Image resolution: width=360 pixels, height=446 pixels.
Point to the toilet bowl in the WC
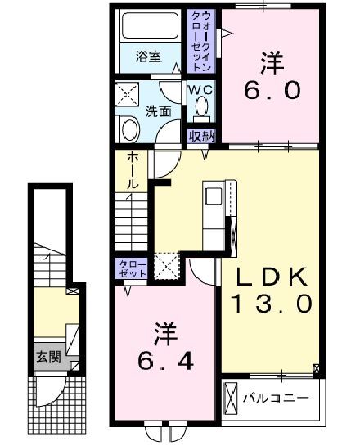click(203, 108)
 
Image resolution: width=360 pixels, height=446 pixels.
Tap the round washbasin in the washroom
click(128, 129)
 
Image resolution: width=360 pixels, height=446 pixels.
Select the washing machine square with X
click(128, 95)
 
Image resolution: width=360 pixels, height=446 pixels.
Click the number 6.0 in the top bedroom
click(269, 90)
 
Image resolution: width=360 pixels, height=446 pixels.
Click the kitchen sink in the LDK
click(213, 199)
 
